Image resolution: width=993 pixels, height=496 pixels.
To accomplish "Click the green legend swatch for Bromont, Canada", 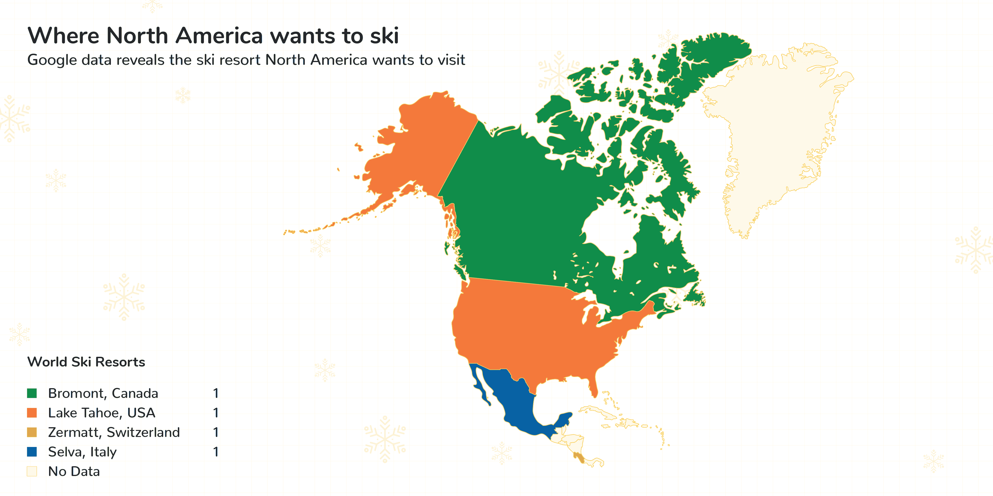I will point(32,393).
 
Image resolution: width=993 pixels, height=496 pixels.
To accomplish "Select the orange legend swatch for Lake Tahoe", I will point(32,413).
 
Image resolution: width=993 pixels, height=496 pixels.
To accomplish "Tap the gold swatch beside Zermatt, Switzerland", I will point(32,432).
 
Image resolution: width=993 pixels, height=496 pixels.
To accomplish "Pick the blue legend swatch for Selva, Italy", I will point(32,452).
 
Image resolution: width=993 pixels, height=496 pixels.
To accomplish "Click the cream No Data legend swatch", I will point(32,471).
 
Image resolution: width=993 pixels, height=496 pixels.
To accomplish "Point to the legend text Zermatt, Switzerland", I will point(114,432).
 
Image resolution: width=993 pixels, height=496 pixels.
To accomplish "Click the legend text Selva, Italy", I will point(82,452).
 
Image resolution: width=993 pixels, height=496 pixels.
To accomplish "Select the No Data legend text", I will point(74,471).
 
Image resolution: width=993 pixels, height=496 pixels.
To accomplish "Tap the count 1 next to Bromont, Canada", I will point(216,393).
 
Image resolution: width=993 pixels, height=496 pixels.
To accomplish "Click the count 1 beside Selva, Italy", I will point(216,452).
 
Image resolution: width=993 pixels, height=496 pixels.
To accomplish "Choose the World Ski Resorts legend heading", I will point(86,362).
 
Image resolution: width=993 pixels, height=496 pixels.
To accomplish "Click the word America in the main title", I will point(219,36).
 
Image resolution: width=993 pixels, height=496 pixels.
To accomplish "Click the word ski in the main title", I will point(384,36).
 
